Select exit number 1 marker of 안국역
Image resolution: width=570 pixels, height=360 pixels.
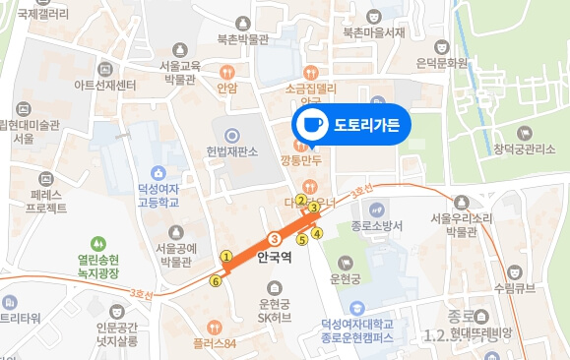tap(225, 258)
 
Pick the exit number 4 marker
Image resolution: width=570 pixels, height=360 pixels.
tap(317, 232)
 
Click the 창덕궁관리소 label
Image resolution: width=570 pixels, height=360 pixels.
tap(525, 149)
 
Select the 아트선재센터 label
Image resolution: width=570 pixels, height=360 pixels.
tap(104, 85)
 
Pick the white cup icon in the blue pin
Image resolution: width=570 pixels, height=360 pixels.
tap(312, 125)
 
